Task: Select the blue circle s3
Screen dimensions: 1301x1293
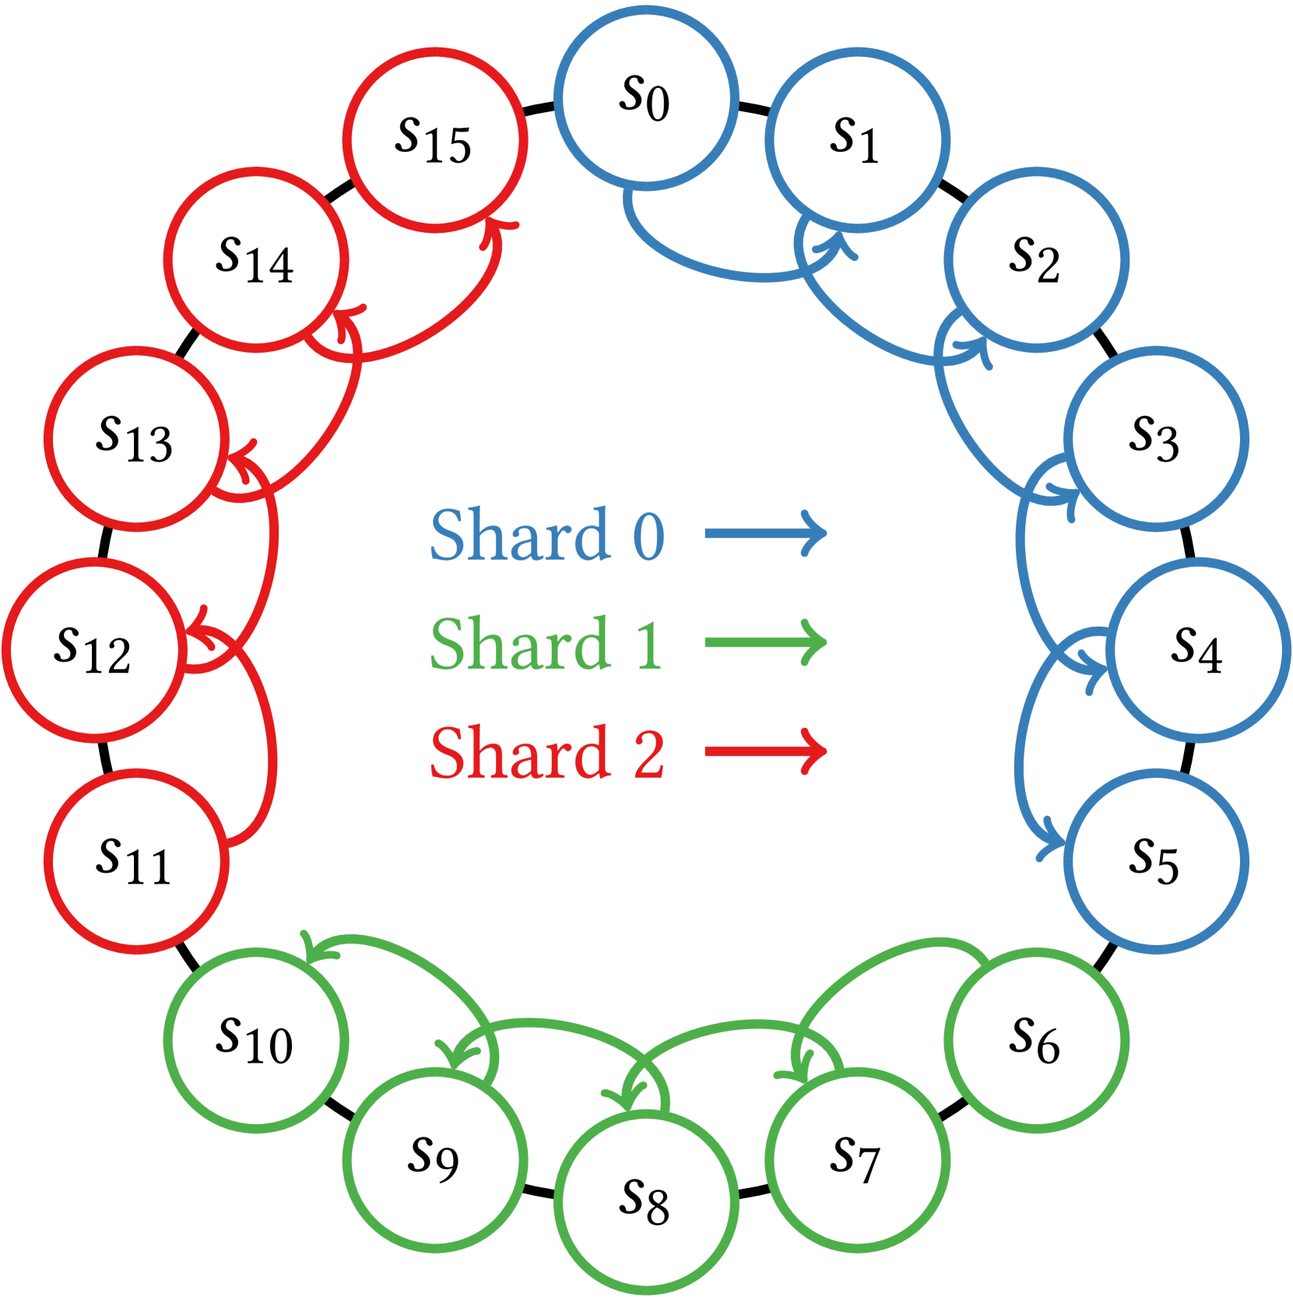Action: pos(1155,438)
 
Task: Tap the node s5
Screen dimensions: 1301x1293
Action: pos(1155,860)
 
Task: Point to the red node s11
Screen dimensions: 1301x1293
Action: pos(136,860)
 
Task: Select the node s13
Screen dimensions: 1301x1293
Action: pos(136,438)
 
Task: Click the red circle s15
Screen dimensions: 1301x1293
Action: pos(435,139)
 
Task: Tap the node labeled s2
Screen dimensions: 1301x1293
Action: pos(1035,259)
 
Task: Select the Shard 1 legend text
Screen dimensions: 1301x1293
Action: pos(546,643)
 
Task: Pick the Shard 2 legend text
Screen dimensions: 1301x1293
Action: pos(547,752)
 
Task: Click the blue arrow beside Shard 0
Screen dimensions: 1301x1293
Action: pos(765,534)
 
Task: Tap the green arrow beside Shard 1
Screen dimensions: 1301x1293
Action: pos(765,643)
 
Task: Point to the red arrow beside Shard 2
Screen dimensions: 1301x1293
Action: pos(765,752)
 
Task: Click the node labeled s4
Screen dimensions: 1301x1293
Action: pos(1197,649)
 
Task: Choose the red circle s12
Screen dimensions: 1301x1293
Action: pos(94,649)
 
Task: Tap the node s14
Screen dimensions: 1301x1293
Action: pos(256,259)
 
